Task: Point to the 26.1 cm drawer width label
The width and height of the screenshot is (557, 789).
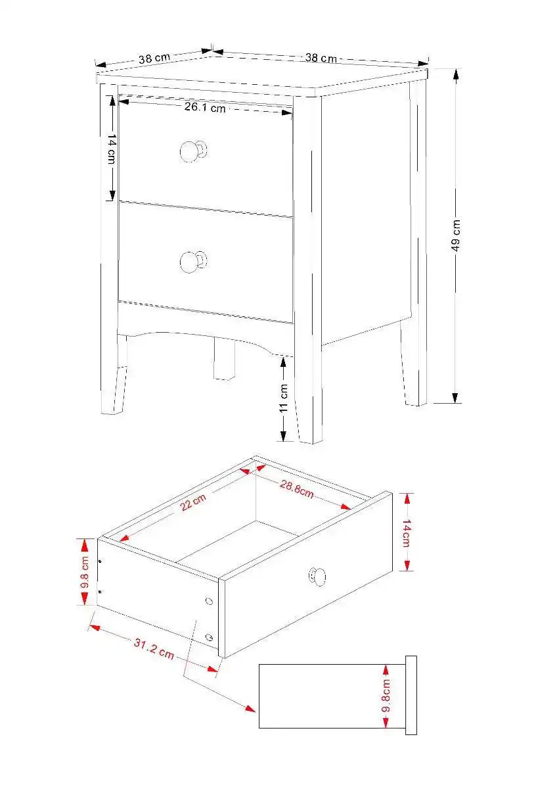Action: pos(204,107)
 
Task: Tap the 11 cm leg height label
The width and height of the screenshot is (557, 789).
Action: pos(284,398)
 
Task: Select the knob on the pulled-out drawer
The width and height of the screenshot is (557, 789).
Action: pos(317,577)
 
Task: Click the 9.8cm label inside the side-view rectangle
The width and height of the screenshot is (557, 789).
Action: pos(386,696)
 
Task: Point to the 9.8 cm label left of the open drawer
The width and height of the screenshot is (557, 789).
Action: pos(85,572)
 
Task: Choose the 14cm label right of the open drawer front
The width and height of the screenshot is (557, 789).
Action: pos(406,533)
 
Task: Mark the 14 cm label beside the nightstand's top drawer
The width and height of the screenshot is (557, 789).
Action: pos(112,150)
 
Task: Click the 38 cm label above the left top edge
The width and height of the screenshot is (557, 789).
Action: pos(154,58)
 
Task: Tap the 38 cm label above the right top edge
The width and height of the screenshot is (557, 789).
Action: pos(321,58)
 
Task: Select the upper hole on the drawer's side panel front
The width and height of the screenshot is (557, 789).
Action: pos(209,602)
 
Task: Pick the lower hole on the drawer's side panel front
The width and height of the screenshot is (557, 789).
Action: pos(209,636)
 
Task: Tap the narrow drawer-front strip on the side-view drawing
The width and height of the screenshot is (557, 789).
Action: pos(411,695)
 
